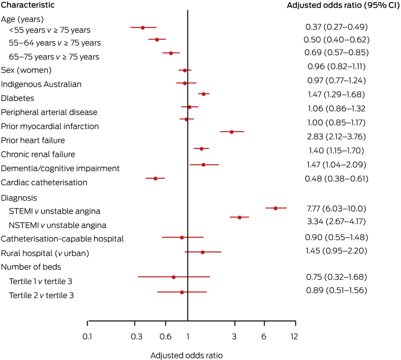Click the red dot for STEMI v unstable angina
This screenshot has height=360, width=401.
point(275,208)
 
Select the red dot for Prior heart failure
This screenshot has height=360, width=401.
point(231,132)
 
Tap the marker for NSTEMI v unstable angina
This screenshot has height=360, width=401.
point(239,217)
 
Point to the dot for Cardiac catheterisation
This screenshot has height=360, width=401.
point(155,178)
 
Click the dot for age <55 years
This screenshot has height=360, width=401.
point(143,27)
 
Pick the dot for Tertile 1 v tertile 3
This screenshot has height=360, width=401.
point(173,277)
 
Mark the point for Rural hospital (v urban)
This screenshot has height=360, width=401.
point(202,252)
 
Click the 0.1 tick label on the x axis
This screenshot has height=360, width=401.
point(87,336)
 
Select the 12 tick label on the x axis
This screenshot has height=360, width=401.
point(294,336)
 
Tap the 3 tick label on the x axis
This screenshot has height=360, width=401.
point(234,336)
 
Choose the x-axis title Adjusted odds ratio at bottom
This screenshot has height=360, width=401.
point(187,355)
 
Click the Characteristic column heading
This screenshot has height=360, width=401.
point(28,5)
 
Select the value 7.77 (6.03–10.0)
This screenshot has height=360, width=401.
point(336,208)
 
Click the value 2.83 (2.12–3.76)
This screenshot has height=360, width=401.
point(336,136)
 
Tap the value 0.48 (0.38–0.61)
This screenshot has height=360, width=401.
point(336,178)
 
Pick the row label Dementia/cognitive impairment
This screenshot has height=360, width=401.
point(60,168)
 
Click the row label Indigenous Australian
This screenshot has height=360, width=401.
point(41,84)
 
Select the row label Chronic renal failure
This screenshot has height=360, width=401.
point(38,154)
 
